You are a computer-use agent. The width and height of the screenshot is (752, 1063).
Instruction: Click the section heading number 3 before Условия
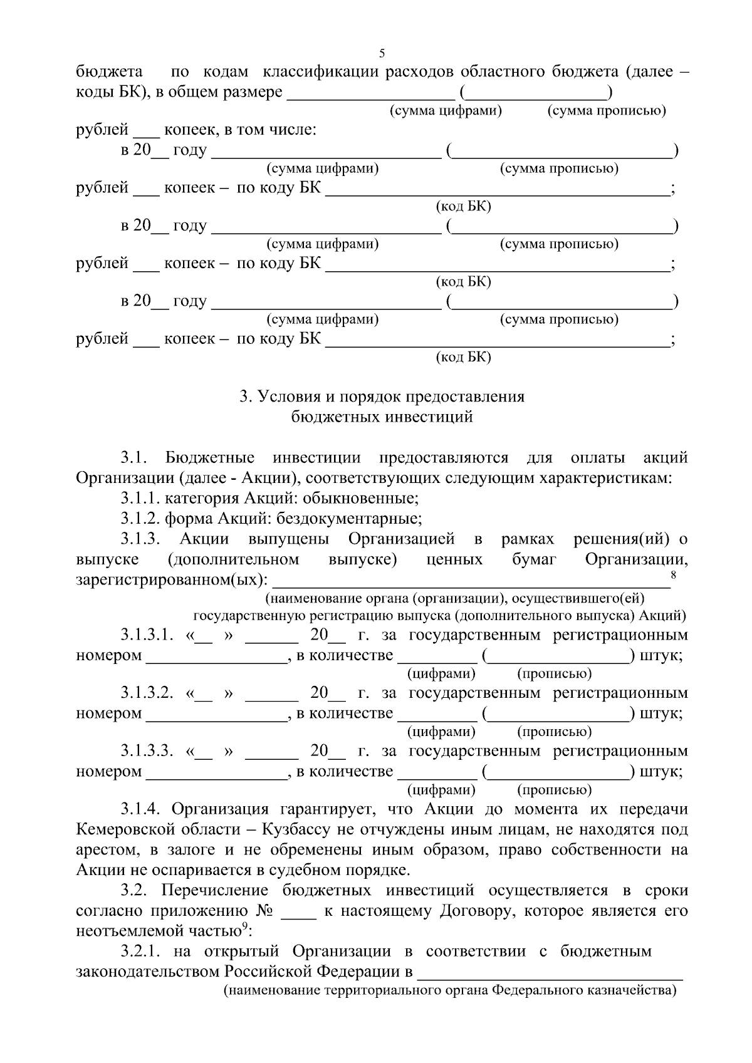click(x=244, y=397)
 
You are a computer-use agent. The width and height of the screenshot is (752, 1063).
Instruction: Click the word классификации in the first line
click(x=321, y=71)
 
